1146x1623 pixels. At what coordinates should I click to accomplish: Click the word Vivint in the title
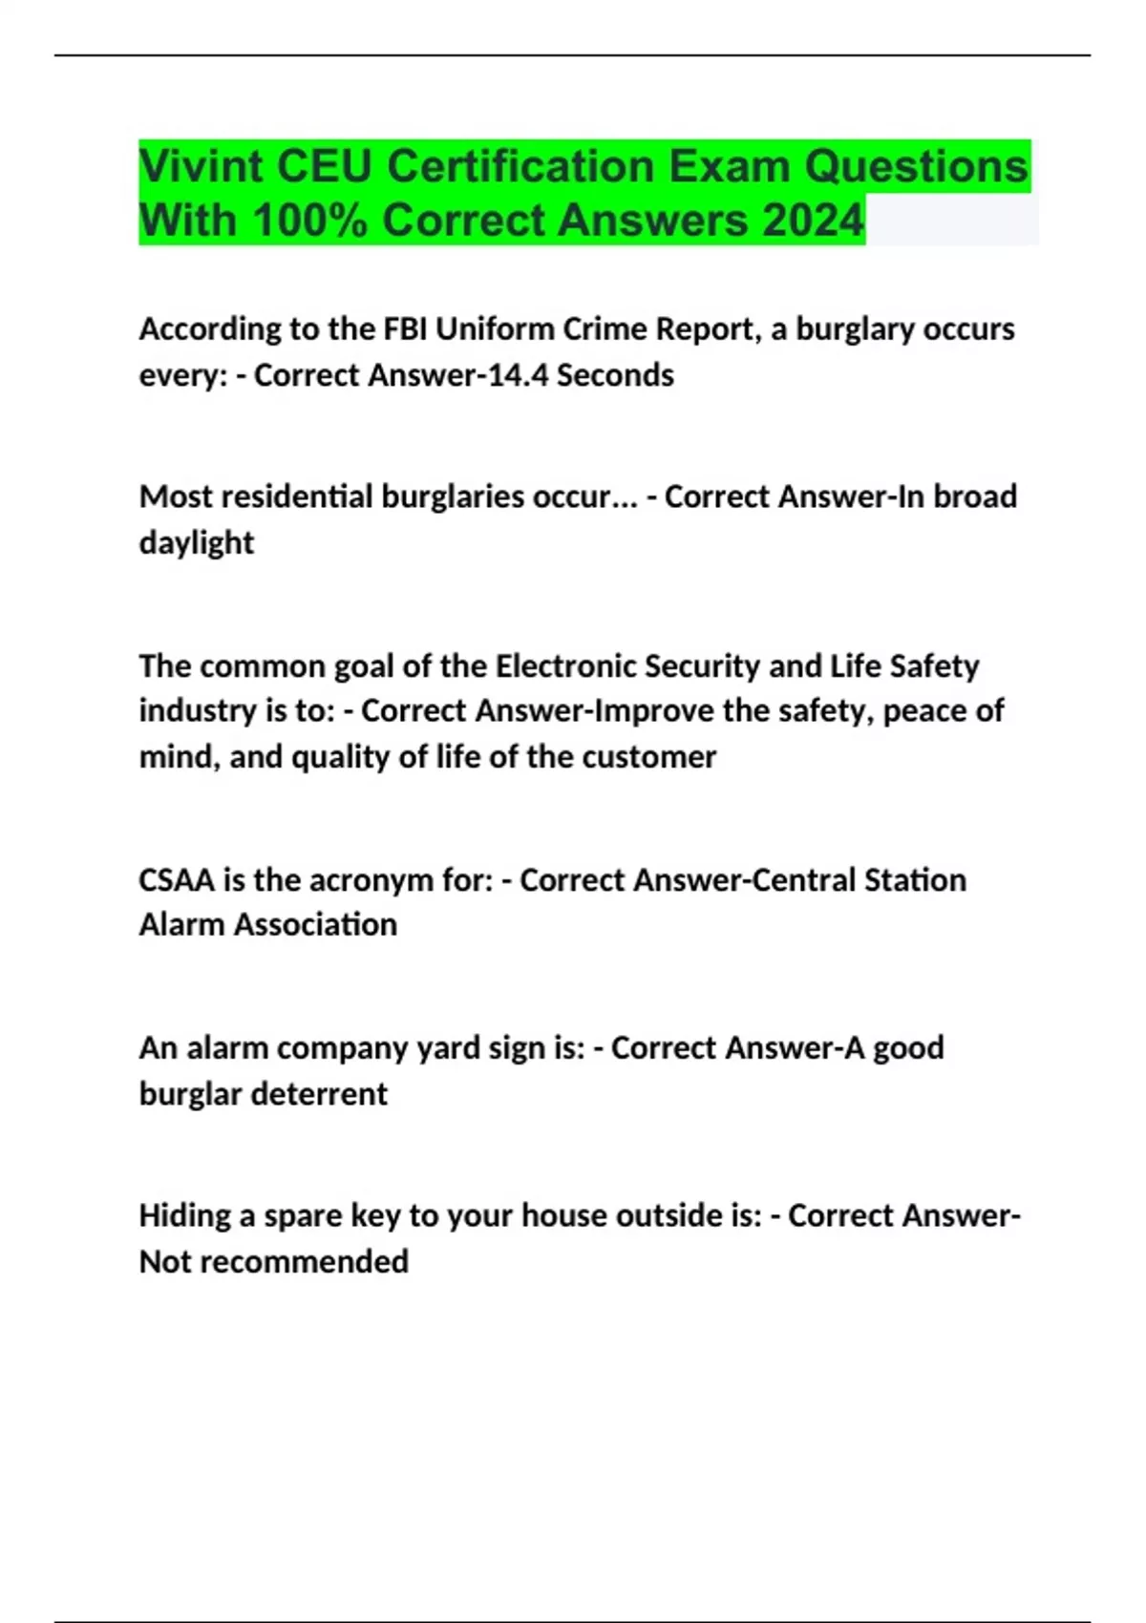pos(201,167)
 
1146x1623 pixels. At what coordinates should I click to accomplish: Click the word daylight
pos(197,543)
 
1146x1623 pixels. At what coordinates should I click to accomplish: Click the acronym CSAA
pos(177,879)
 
